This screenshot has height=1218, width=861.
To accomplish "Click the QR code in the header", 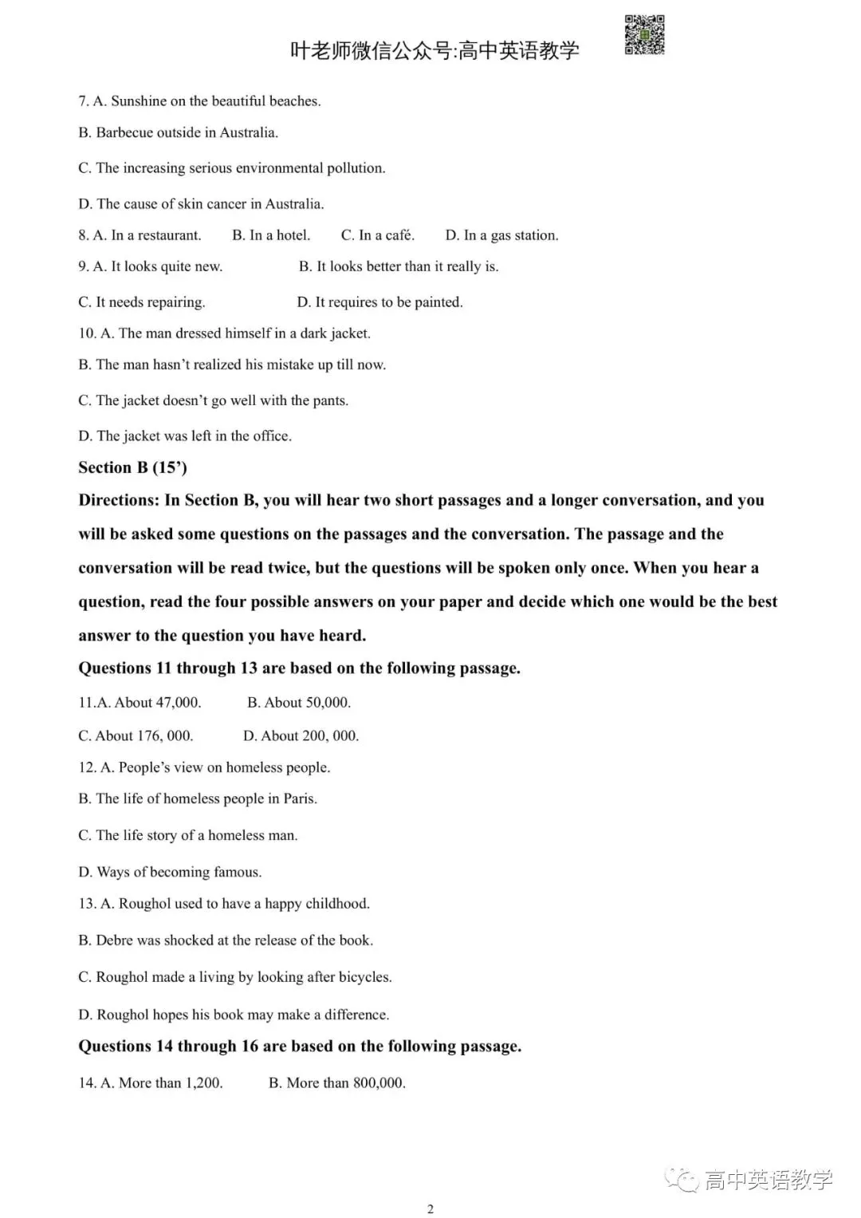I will point(644,35).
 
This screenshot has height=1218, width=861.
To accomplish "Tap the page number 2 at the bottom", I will point(431,1208).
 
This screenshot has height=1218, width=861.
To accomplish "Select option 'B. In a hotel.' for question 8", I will point(271,235).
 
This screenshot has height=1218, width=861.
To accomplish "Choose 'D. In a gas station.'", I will point(501,235).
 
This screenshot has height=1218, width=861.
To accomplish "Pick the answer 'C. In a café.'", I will point(378,235).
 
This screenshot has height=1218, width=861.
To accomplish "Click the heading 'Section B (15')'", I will point(132,467).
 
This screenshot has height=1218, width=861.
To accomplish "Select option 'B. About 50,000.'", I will point(299,703).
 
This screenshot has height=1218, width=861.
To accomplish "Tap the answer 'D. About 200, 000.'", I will point(301,735).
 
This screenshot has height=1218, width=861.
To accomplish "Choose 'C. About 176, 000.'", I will point(136,735).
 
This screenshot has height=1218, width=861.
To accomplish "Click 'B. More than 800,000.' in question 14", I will point(337,1082).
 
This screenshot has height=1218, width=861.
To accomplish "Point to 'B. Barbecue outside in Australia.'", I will point(178,132).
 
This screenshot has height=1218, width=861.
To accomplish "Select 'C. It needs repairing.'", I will point(142,302).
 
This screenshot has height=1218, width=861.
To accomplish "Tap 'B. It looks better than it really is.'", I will point(399,266).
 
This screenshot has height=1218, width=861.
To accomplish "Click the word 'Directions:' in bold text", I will point(119,500).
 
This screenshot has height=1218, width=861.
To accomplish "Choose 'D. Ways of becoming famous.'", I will point(170,872).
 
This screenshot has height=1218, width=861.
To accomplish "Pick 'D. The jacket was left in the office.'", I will point(185,436).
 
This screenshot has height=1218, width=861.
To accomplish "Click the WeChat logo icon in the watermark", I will point(682,1180).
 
